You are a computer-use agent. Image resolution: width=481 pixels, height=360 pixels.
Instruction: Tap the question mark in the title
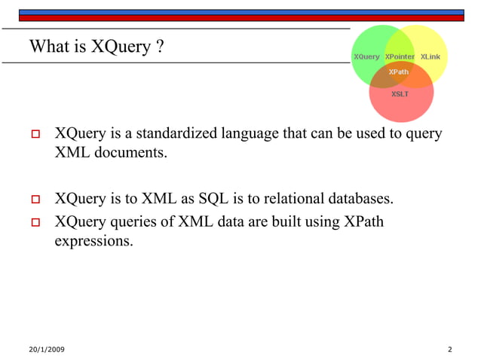[x=160, y=47]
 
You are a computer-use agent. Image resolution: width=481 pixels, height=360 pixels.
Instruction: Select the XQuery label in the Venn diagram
[x=366, y=57]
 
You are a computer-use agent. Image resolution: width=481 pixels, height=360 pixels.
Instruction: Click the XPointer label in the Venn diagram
[x=400, y=57]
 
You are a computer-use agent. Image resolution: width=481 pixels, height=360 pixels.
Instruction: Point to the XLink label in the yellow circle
[x=430, y=57]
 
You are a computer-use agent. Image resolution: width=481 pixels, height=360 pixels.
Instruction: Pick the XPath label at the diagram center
[x=398, y=72]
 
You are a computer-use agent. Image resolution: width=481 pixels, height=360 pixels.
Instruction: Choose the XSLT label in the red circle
[x=400, y=94]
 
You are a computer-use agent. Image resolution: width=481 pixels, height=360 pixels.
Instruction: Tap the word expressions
[x=93, y=241]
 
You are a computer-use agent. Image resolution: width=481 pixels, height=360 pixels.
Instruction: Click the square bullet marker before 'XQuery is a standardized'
[x=34, y=136]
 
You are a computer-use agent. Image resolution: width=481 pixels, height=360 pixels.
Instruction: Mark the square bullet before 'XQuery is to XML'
[x=34, y=200]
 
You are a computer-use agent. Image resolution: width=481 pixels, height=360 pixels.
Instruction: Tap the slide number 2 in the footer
[x=449, y=349]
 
